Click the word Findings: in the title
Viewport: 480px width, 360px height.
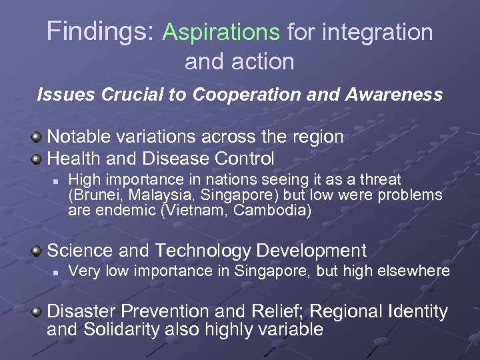101,32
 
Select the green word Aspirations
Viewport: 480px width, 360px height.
221,32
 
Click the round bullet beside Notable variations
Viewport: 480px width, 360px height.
37,138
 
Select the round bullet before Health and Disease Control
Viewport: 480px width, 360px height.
37,159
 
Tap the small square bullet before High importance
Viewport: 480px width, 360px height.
58,180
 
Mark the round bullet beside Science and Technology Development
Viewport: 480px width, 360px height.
37,251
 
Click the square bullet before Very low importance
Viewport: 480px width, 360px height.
58,272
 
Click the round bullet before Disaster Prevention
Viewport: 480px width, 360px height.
37,312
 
